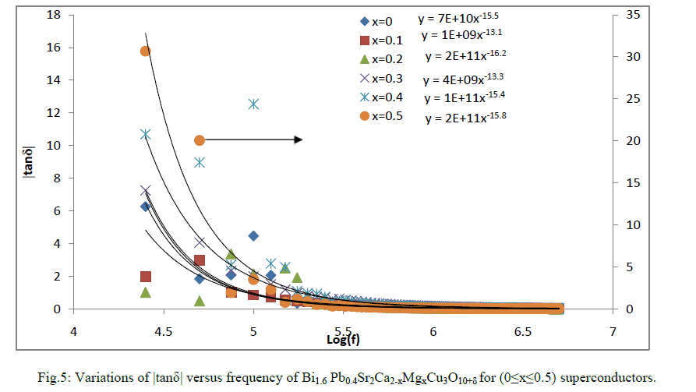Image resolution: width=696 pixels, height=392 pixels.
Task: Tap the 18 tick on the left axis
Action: click(55, 15)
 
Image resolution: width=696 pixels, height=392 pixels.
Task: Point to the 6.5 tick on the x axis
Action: click(523, 331)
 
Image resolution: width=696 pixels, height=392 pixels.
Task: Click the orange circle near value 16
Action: click(145, 51)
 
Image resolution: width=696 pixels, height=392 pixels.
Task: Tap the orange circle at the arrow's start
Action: click(200, 140)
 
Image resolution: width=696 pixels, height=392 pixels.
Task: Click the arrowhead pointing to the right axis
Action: click(298, 139)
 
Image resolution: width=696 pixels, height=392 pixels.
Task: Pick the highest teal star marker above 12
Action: click(253, 104)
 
